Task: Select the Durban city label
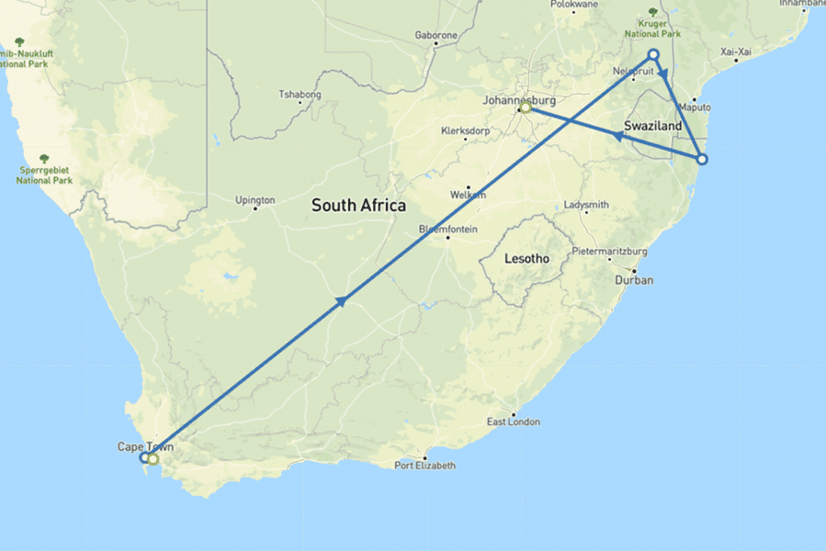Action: coord(635,280)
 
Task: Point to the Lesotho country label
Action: coord(527,259)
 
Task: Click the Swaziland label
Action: coord(652,125)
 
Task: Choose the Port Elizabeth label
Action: coord(424,466)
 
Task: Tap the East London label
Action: coord(513,422)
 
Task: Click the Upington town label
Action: coord(255,200)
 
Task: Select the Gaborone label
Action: coord(436,35)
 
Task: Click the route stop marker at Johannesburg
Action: coord(526,108)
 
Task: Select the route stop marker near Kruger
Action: coord(653,54)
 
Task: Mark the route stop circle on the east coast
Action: coord(702,159)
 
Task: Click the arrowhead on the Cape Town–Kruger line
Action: coord(341,300)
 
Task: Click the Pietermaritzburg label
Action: coord(610,251)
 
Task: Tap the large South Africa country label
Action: coord(358,205)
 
